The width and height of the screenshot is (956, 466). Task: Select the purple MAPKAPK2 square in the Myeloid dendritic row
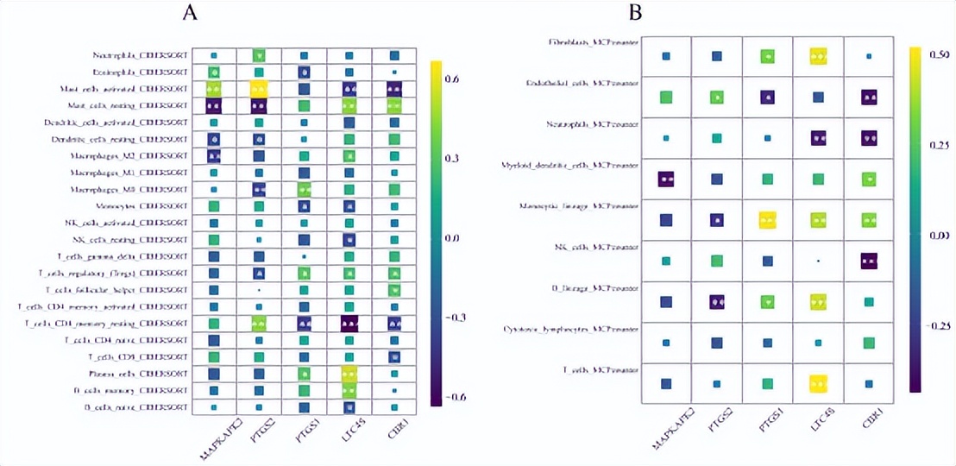click(666, 179)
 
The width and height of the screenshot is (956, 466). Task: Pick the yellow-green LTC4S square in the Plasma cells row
click(349, 374)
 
